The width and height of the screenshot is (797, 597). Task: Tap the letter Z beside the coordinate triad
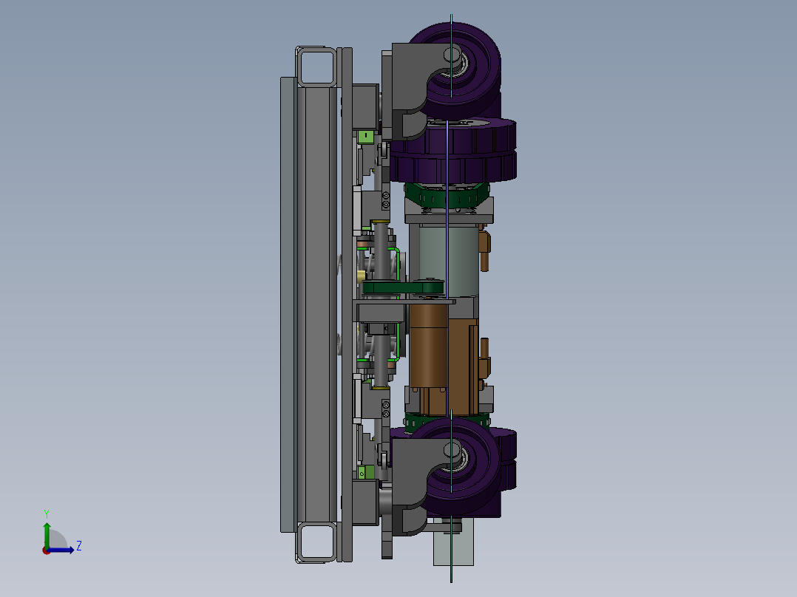[x=78, y=546]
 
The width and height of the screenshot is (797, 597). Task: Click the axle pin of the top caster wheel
[x=451, y=54]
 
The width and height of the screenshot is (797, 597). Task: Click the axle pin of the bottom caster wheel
[x=451, y=450]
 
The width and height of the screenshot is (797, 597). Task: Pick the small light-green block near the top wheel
[x=364, y=137]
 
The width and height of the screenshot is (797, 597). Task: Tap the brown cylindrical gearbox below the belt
[x=429, y=347]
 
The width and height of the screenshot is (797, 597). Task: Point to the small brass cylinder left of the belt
[x=360, y=275]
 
